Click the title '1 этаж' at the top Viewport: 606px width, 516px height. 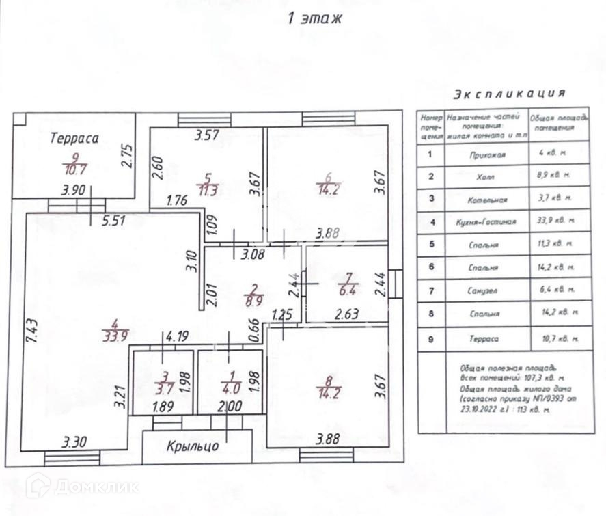tap(315, 18)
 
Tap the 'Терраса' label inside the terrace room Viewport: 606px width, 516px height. tap(74, 138)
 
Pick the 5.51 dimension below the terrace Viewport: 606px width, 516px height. tap(116, 221)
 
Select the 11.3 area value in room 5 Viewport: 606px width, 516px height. tap(206, 191)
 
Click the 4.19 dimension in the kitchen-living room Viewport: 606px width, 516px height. tap(176, 336)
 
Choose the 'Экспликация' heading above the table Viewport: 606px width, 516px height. tap(510, 94)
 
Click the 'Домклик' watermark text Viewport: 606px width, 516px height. tap(96, 487)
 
